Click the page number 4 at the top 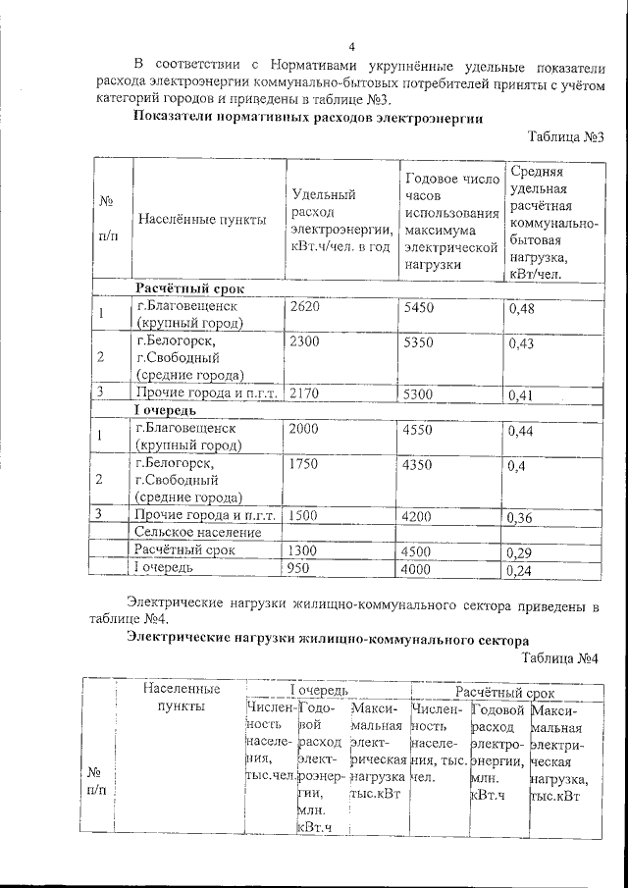[x=350, y=47]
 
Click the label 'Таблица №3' [x=564, y=137]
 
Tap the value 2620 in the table [x=305, y=308]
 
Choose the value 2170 [x=305, y=393]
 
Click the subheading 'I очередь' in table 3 [x=166, y=410]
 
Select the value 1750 [x=305, y=462]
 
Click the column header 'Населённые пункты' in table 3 [x=202, y=220]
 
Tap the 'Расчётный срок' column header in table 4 [x=497, y=693]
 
